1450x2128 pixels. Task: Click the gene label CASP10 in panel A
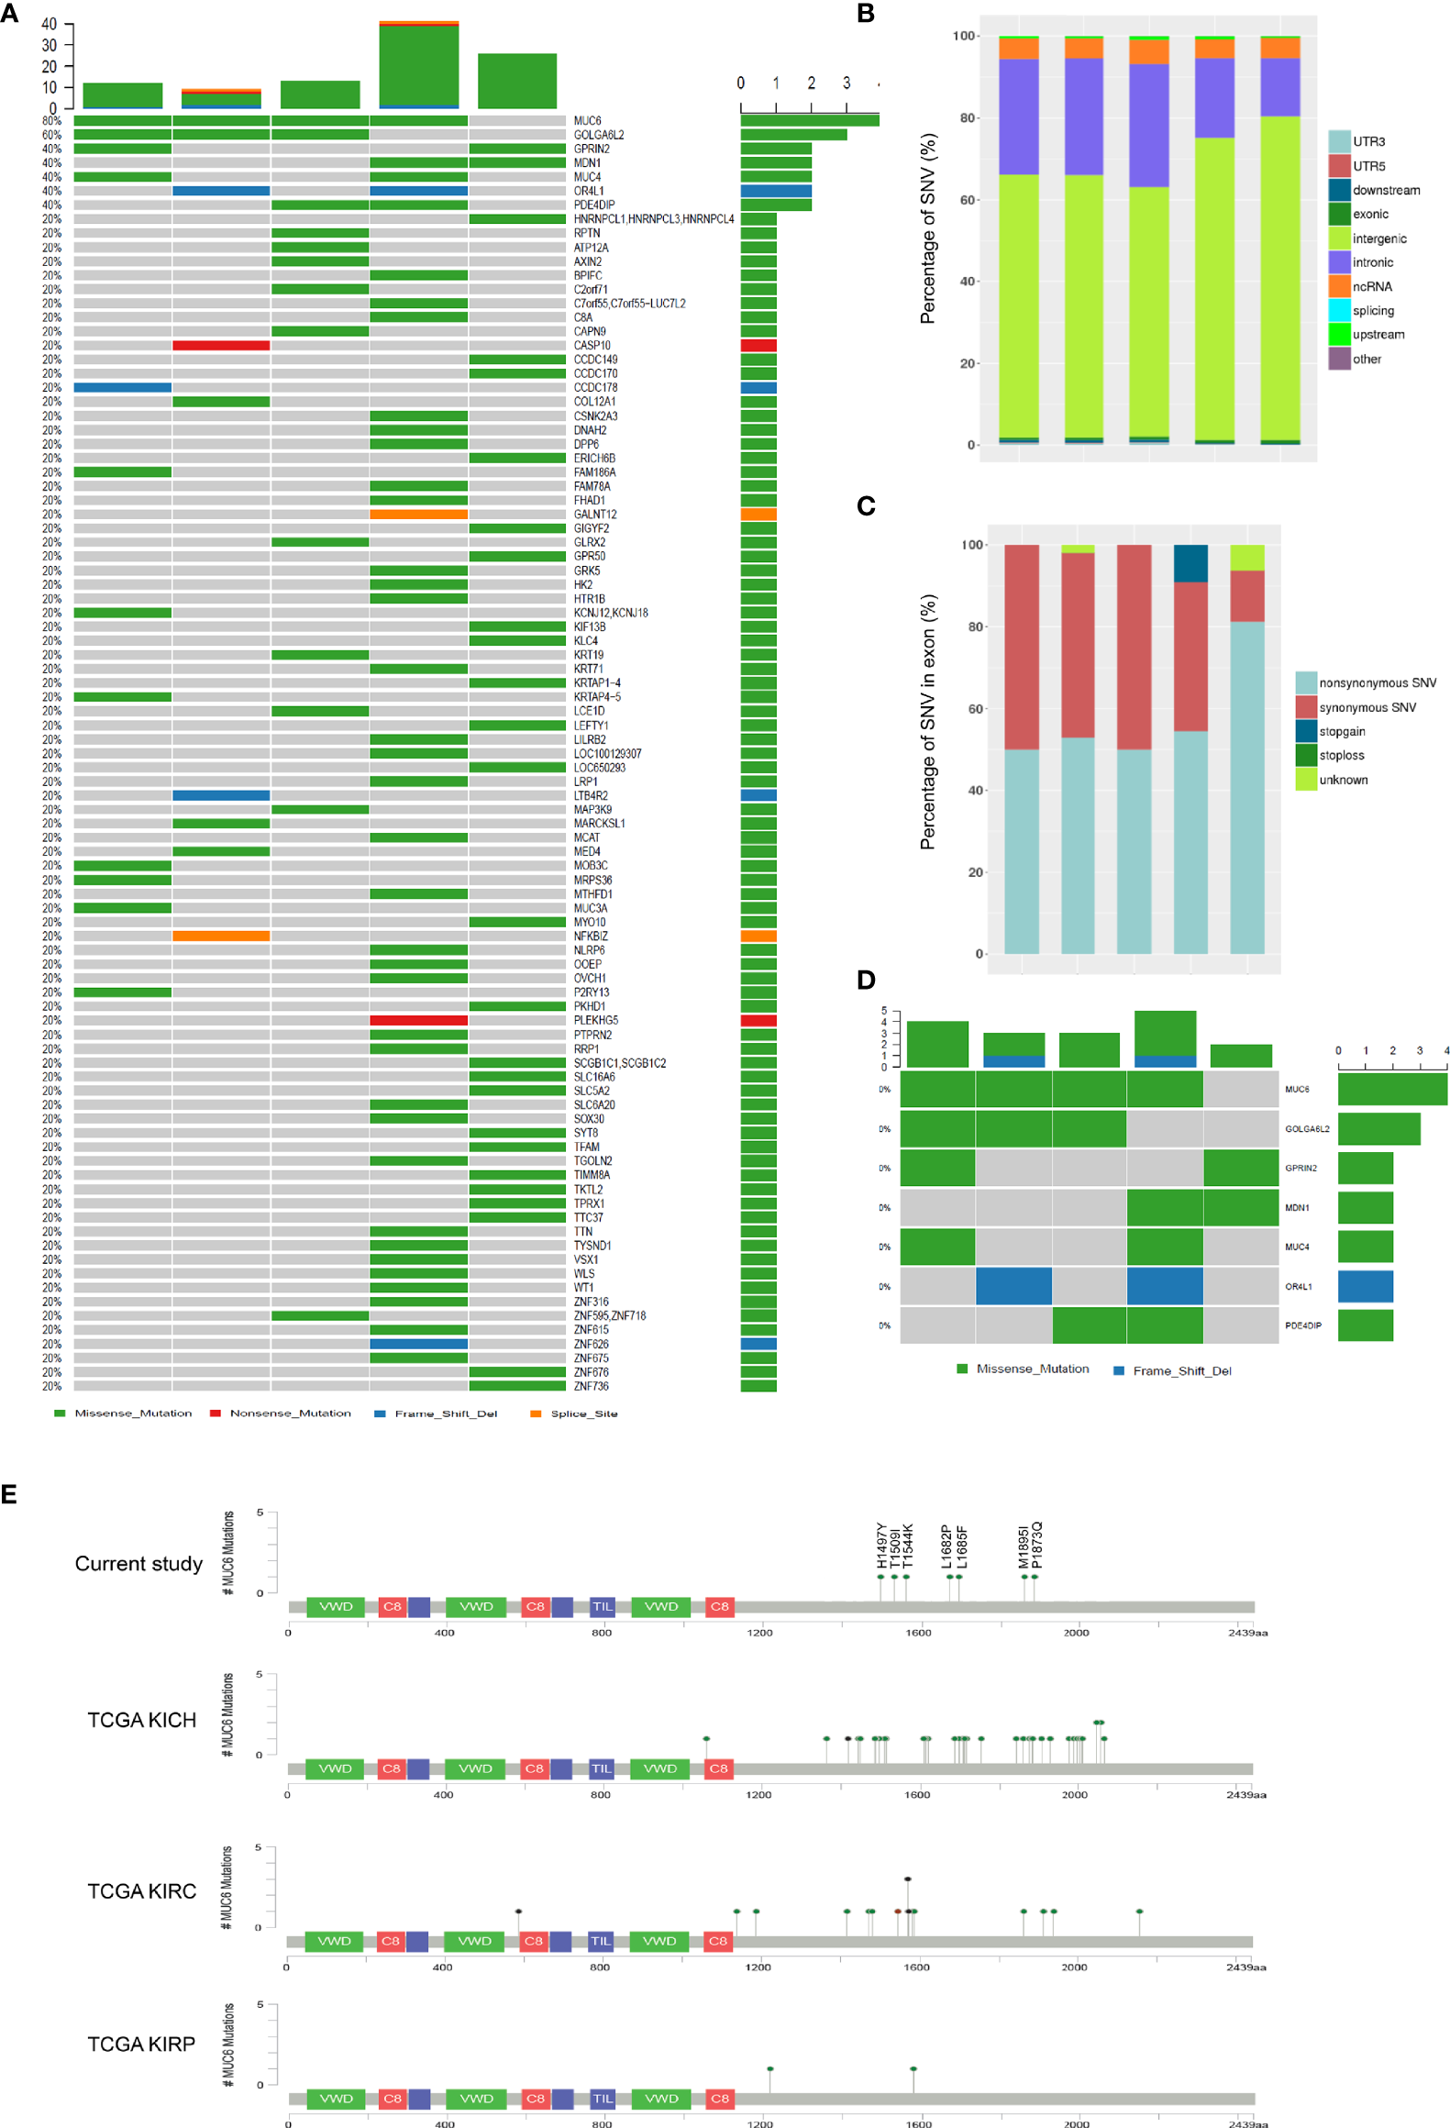coord(592,346)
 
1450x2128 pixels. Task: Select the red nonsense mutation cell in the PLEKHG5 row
coord(418,1020)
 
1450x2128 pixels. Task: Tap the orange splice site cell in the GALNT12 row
coord(418,515)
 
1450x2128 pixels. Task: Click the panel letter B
coord(865,14)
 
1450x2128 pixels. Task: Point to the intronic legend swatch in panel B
coord(1339,262)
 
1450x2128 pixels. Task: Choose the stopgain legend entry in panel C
coord(1341,731)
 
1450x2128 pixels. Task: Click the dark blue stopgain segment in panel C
coord(1190,563)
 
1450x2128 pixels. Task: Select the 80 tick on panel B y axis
coord(967,118)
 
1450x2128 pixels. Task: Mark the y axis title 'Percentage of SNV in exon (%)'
coord(928,722)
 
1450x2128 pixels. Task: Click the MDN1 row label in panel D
coord(1297,1208)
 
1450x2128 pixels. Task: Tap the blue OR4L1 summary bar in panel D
coord(1365,1287)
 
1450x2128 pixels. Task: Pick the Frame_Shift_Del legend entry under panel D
coord(1180,1370)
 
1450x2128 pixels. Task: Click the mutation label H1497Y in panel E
coord(881,1546)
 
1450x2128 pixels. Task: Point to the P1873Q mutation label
coord(1036,1545)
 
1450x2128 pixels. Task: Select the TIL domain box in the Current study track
coord(602,1606)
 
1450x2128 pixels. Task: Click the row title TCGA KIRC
coord(141,1890)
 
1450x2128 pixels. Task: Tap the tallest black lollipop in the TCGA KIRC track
coord(907,1879)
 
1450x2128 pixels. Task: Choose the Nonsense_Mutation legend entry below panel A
coord(289,1413)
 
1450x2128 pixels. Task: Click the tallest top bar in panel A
coord(418,64)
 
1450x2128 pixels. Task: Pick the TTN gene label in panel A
coord(583,1232)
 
